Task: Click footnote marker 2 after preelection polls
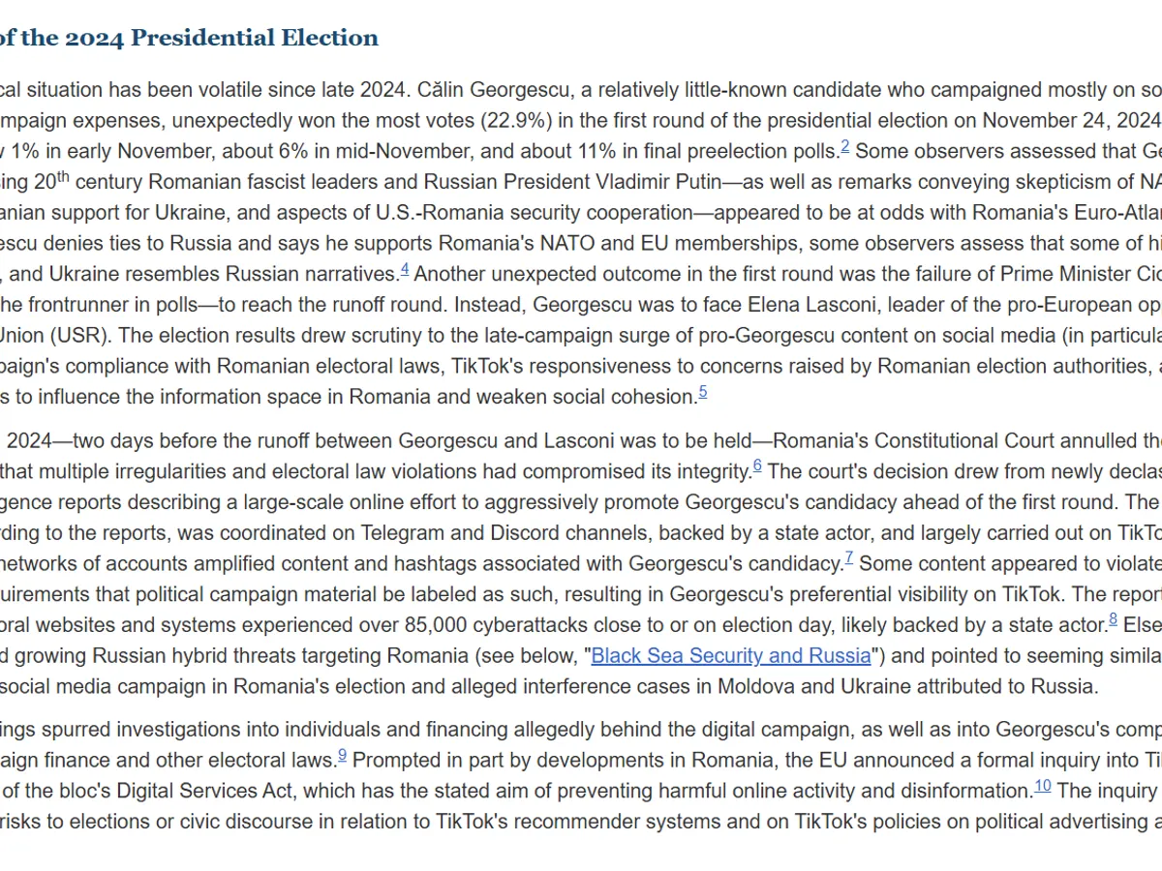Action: [845, 146]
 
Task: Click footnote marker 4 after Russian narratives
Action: [405, 268]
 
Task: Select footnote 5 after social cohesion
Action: [703, 391]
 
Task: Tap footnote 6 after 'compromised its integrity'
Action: [757, 466]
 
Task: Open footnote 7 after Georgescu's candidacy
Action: [849, 557]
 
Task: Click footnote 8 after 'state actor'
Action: [1114, 618]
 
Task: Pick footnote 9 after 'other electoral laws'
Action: [342, 755]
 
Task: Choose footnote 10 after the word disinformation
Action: [1042, 785]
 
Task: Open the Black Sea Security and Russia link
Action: [731, 655]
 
